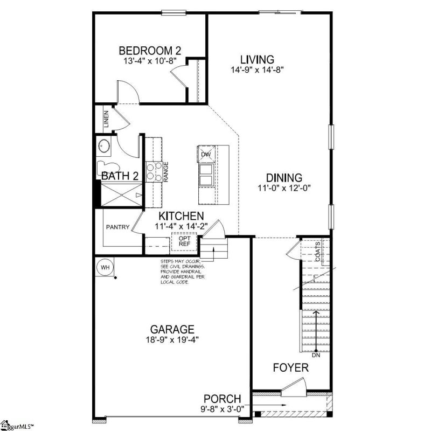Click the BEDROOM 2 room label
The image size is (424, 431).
[150, 51]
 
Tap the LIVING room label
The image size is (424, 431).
[257, 59]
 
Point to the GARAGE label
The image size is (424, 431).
[172, 329]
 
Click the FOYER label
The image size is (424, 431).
[290, 368]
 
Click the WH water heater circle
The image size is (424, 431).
[103, 266]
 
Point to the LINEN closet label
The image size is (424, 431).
[107, 119]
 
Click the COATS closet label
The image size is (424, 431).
[318, 251]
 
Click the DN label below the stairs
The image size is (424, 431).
[316, 355]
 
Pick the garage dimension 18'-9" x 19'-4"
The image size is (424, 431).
[172, 339]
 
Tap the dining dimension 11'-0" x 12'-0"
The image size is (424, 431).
[284, 189]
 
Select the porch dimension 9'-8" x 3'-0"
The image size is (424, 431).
[221, 408]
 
